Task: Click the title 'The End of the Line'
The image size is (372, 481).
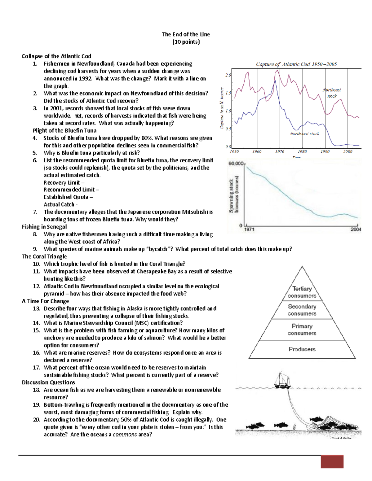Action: point(186,34)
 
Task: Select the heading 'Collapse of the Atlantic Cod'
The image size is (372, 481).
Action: point(56,56)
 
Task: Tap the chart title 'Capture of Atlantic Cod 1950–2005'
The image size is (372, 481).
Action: point(296,64)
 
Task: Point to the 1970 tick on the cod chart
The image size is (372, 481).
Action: point(280,151)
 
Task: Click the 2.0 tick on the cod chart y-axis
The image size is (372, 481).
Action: point(228,75)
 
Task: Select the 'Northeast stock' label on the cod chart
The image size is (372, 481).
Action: point(331,93)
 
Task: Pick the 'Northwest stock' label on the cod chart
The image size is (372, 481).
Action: point(304,134)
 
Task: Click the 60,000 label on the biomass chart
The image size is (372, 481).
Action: point(236,164)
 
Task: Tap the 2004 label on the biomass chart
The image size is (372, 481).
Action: point(356,230)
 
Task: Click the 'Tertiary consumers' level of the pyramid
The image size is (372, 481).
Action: point(302,292)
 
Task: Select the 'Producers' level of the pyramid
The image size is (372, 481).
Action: point(302,349)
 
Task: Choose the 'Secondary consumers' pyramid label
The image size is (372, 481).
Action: point(302,310)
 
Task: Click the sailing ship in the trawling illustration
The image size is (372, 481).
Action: point(282,380)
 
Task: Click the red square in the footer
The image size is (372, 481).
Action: point(332,461)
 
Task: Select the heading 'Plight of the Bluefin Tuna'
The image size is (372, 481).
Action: point(64,130)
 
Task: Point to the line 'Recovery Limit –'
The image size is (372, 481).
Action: point(64,182)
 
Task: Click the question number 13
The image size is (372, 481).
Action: point(36,308)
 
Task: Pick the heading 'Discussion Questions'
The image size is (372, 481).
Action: point(48,382)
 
